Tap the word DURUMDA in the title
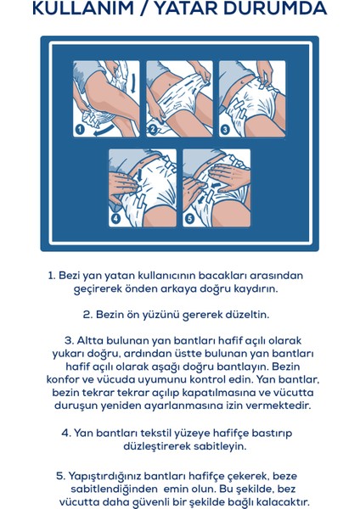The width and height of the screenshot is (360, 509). [276, 9]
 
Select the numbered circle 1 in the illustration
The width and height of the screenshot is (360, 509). [80, 129]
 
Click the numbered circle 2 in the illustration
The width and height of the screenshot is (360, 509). [153, 129]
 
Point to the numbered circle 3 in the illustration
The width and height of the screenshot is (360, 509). [225, 129]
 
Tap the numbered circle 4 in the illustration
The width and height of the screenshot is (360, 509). [115, 218]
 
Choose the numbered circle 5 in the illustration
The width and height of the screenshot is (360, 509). [189, 218]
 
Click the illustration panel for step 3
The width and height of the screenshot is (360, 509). [252, 98]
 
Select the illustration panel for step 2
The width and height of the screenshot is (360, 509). [179, 98]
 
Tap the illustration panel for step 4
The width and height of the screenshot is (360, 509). [143, 187]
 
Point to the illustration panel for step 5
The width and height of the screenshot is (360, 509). [217, 187]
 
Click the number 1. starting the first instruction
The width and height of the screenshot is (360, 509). [51, 276]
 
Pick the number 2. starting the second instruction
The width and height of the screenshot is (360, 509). [87, 315]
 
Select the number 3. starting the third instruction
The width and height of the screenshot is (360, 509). [69, 341]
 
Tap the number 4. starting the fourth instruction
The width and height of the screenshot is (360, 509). [65, 433]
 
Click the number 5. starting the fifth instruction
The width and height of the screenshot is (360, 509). [60, 477]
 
